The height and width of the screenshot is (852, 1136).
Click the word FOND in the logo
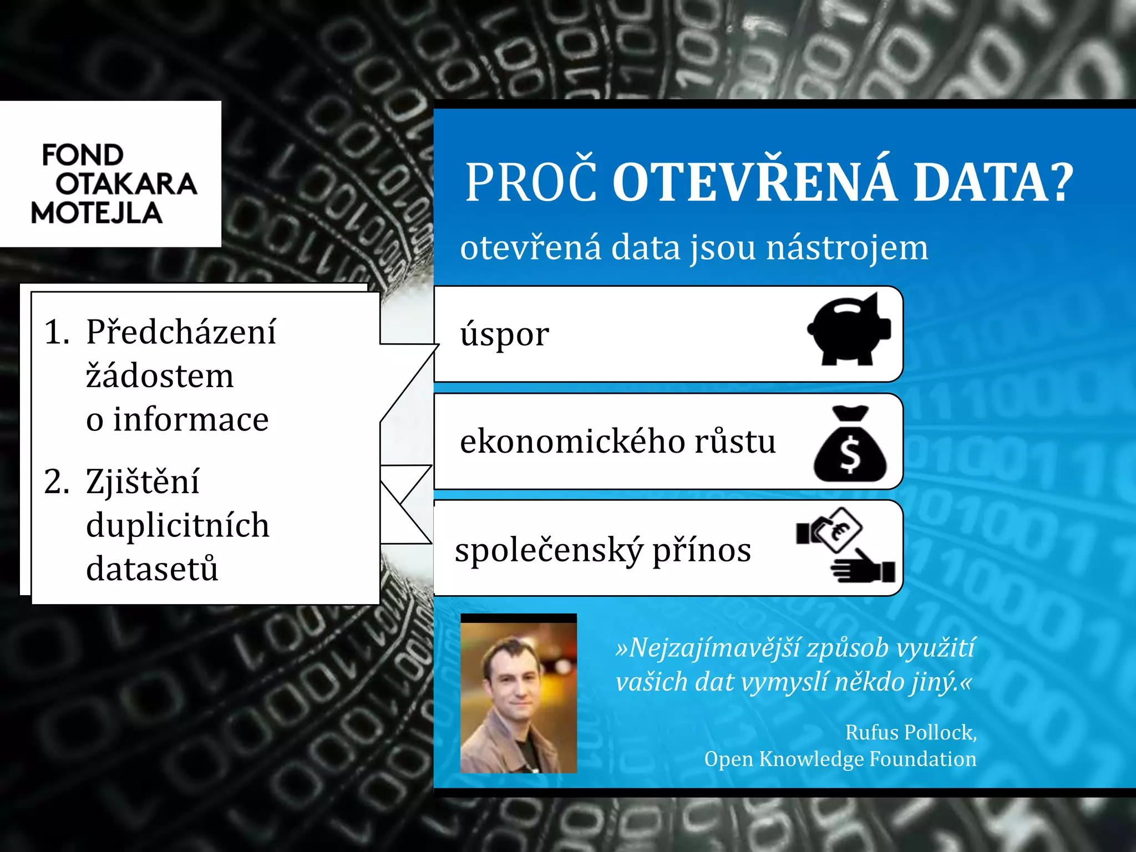click(x=83, y=155)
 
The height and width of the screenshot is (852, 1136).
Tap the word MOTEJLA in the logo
click(x=97, y=213)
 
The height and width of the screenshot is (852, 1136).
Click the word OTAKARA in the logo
click(x=126, y=184)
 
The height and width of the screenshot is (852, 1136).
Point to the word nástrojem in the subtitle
click(x=846, y=248)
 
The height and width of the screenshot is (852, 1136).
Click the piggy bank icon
click(x=849, y=329)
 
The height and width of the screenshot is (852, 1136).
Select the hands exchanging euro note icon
click(x=845, y=545)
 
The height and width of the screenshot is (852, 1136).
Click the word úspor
click(x=505, y=334)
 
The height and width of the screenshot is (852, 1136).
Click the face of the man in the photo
click(x=511, y=682)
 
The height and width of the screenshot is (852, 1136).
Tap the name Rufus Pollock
click(x=910, y=733)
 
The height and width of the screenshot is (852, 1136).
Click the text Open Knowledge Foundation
click(x=840, y=759)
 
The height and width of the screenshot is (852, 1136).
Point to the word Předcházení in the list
click(x=181, y=332)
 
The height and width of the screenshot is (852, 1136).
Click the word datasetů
click(x=152, y=569)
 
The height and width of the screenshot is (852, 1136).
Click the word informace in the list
click(x=191, y=419)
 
